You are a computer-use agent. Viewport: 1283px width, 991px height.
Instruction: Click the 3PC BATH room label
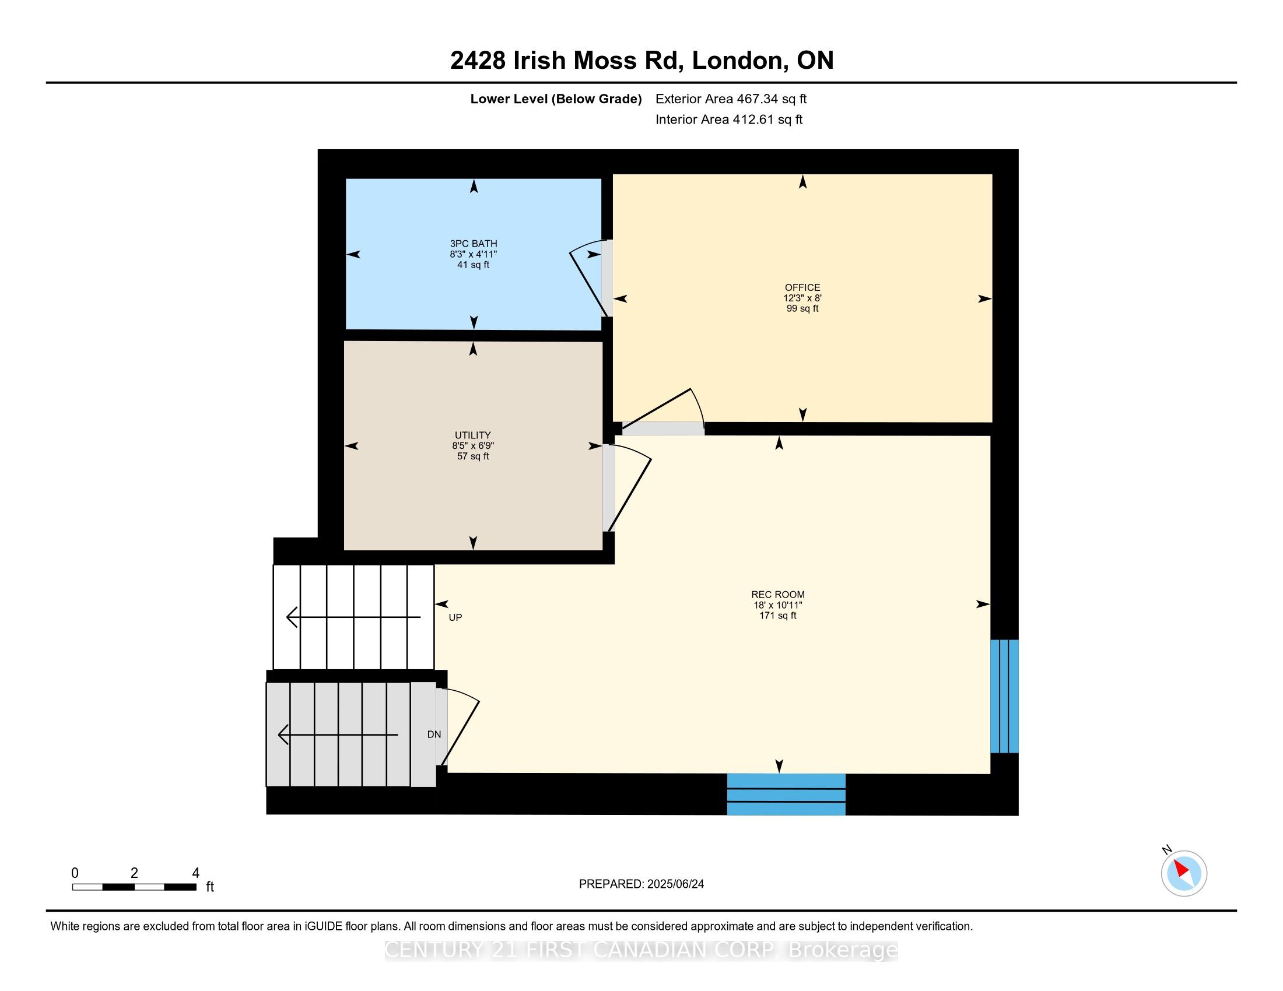474,244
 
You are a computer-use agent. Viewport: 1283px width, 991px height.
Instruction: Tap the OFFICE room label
802,287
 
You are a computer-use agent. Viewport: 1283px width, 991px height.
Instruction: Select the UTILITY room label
473,435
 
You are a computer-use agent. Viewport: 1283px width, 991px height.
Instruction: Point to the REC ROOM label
778,595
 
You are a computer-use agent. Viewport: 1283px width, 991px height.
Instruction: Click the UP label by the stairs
455,617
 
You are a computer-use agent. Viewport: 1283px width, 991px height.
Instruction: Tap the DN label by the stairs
434,735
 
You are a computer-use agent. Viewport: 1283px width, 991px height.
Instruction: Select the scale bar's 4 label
195,873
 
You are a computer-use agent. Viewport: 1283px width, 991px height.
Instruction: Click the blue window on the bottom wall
786,795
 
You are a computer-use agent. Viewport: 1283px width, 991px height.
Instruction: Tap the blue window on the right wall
1005,696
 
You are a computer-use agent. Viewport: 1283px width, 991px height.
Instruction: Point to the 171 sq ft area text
778,616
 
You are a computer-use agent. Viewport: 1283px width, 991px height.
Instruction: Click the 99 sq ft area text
802,309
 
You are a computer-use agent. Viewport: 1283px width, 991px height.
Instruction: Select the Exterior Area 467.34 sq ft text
731,99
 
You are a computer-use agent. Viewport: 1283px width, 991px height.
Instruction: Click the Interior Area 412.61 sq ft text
729,120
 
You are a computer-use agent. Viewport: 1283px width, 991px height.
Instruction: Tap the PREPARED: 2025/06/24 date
641,884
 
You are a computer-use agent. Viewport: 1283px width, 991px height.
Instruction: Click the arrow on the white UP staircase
353,617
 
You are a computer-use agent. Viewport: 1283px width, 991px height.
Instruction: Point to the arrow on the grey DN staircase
338,735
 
